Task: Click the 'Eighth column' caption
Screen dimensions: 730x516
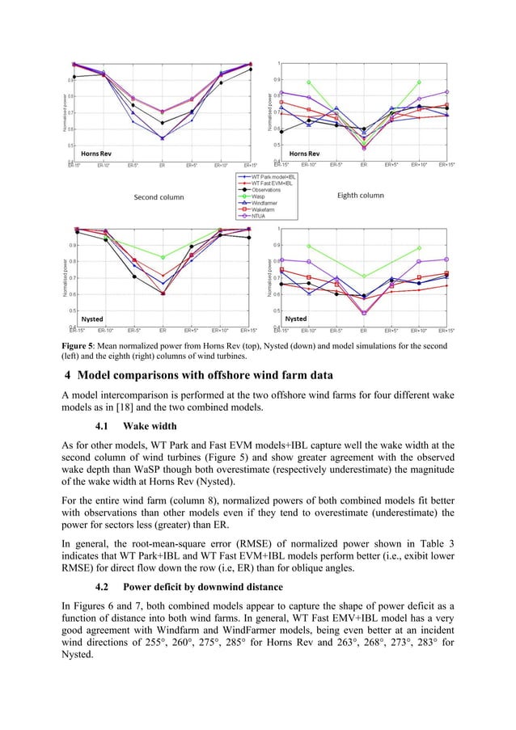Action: tap(360, 196)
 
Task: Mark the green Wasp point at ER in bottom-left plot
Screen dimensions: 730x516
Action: tap(163, 258)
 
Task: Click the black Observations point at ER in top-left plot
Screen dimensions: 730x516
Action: tap(163, 123)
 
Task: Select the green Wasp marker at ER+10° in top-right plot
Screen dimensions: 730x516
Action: tap(418, 82)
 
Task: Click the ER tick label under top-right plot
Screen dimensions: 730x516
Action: tap(364, 165)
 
